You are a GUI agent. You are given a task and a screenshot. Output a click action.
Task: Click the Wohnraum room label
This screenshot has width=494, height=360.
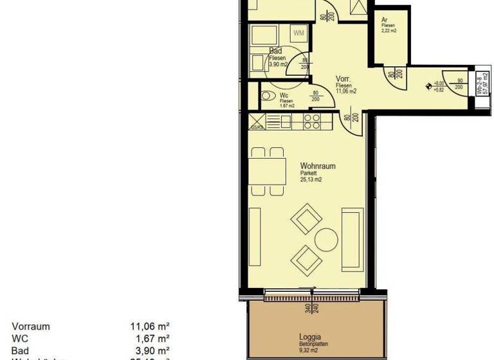click(317, 166)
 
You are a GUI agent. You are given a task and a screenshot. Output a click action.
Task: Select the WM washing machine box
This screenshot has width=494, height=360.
click(298, 33)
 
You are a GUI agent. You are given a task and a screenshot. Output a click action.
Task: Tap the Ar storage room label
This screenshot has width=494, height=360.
click(385, 20)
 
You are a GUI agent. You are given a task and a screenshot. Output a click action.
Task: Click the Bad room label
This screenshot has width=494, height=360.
click(276, 50)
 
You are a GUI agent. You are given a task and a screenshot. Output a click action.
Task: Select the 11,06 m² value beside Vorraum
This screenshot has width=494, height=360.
click(150, 327)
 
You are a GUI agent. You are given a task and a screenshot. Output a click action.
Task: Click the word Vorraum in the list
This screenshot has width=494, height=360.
click(30, 327)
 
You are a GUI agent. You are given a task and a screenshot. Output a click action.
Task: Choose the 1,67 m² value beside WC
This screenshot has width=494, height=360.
click(154, 338)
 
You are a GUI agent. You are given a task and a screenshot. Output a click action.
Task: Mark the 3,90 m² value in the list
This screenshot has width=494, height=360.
click(154, 349)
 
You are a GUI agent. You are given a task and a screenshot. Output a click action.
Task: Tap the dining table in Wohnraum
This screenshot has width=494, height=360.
click(267, 171)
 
